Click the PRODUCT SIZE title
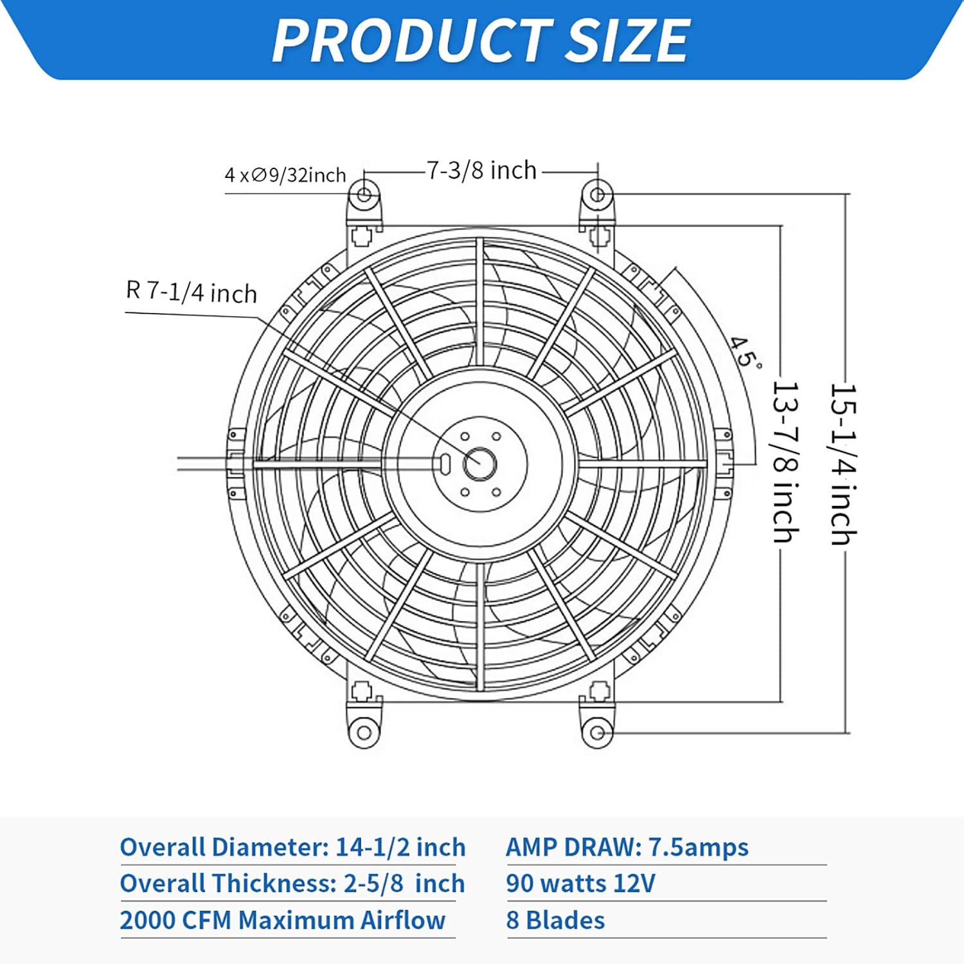481,40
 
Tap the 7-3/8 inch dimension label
481,171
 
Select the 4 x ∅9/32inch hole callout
285,175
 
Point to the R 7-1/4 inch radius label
192,292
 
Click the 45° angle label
745,352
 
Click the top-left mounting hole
364,193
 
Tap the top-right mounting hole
597,193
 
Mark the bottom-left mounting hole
364,733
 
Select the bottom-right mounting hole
597,733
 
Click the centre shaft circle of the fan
479,463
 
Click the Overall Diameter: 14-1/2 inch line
292,847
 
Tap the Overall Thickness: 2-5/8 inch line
292,884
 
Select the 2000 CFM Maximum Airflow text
283,920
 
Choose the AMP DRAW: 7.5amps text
627,847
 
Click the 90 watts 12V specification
580,884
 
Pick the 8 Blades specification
555,920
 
